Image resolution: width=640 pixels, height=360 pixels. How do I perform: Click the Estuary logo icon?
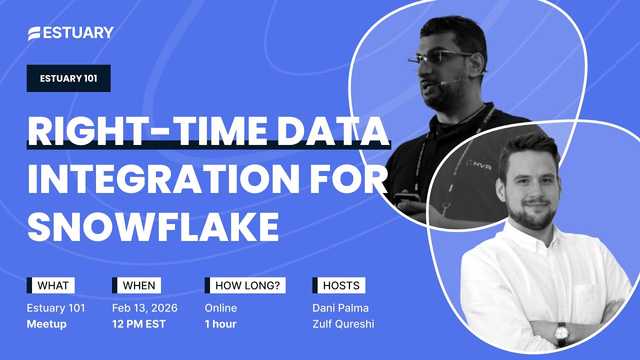tap(37, 33)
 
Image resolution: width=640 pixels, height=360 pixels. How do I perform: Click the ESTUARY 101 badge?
tap(68, 79)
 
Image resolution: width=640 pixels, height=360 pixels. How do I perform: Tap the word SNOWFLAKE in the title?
tap(153, 227)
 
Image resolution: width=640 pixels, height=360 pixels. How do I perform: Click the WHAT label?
tap(51, 285)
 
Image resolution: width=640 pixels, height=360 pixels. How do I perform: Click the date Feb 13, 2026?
tap(144, 308)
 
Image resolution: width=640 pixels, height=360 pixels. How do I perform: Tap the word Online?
tap(221, 308)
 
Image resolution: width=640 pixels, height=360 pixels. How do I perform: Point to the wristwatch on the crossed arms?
tap(561, 333)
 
